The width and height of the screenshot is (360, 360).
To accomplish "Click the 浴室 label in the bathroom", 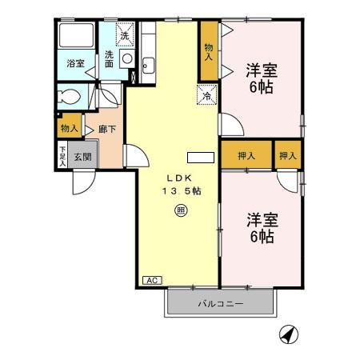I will pyautogui.click(x=75, y=63).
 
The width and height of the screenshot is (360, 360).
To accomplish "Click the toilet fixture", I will pyautogui.click(x=70, y=96).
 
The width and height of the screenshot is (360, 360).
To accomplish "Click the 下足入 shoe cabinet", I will pyautogui.click(x=62, y=154).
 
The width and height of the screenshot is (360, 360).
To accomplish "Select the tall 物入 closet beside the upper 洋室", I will pyautogui.click(x=209, y=53).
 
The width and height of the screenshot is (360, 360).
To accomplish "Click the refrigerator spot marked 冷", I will pyautogui.click(x=206, y=95).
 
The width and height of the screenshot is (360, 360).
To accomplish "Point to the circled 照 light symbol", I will pyautogui.click(x=181, y=210).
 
